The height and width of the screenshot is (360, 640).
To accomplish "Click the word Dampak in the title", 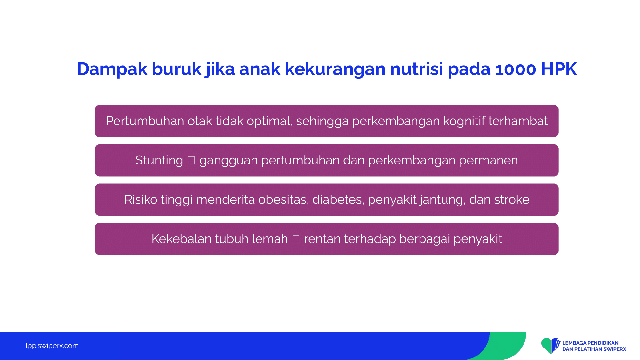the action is point(112,69).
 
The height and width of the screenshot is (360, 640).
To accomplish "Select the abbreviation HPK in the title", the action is point(559,69).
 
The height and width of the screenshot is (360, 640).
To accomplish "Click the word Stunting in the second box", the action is point(159,160).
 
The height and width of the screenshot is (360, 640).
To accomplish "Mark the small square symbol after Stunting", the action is point(191,160).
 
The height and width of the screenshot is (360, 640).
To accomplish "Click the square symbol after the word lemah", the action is point(296,239).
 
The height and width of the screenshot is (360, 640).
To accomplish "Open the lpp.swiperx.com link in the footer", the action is point(52,346).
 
